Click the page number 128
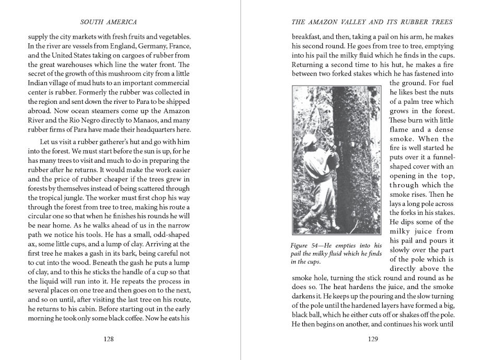coord(109,339)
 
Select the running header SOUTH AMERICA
coord(109,22)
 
